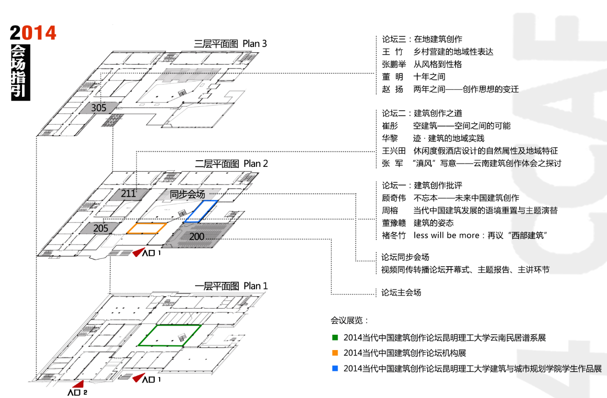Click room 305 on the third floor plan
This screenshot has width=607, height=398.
coord(99,108)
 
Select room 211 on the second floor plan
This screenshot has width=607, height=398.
coord(128,194)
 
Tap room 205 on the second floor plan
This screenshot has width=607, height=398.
coord(101,228)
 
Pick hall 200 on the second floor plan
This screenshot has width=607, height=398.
coord(197,236)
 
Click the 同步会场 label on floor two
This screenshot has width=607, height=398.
coord(187,194)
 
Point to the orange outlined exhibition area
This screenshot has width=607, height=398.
coord(147,228)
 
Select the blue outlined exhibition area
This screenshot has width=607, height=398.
coord(201,211)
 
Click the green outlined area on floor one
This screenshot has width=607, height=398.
coord(170,335)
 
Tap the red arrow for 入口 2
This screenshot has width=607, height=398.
coord(78,384)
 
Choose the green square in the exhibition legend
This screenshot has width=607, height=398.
coord(335,338)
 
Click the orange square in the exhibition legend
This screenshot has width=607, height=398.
coord(335,353)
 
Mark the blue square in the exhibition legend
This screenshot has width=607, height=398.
coord(335,368)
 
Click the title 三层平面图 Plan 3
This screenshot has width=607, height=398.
coord(231,44)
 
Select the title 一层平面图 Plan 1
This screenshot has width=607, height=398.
coord(231,286)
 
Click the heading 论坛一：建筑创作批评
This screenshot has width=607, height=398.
coord(422,185)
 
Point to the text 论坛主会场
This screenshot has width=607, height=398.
coord(401,292)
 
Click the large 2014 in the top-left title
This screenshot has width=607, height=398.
coord(33,33)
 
